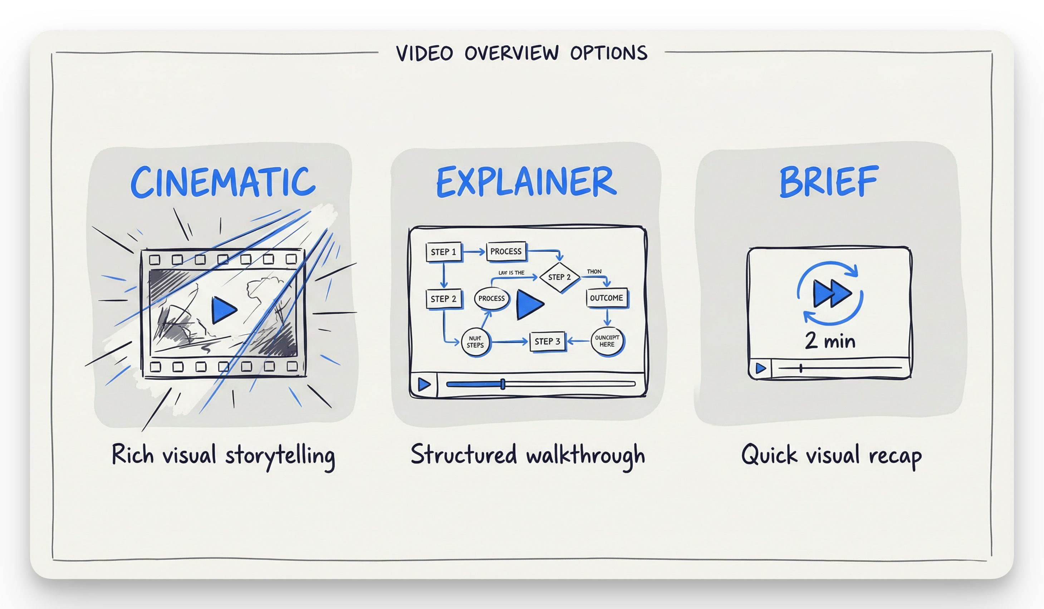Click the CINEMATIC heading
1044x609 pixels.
pos(223,182)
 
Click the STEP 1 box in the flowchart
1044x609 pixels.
pos(443,252)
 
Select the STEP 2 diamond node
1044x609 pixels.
pos(559,277)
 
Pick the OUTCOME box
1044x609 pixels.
pos(607,298)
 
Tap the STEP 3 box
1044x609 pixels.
pos(547,342)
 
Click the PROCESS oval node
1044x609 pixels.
pos(491,298)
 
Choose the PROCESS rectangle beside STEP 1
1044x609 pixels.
pos(506,251)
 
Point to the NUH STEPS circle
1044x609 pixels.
pos(475,342)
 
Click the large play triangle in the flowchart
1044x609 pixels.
pos(529,305)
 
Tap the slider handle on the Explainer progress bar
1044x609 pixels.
pos(503,384)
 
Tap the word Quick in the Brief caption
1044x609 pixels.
pos(769,455)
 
